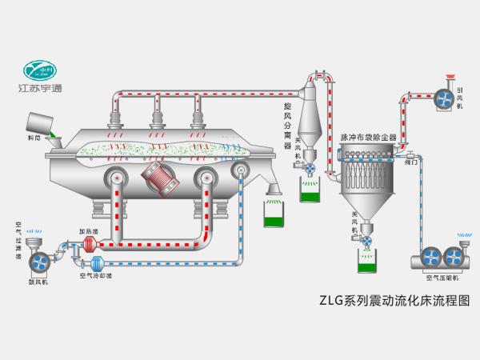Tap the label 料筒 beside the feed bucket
[33, 139]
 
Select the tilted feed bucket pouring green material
[39, 122]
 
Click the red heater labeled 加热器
[88, 244]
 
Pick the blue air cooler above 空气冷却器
[97, 263]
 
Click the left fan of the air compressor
[429, 258]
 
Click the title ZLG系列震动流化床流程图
[394, 302]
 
